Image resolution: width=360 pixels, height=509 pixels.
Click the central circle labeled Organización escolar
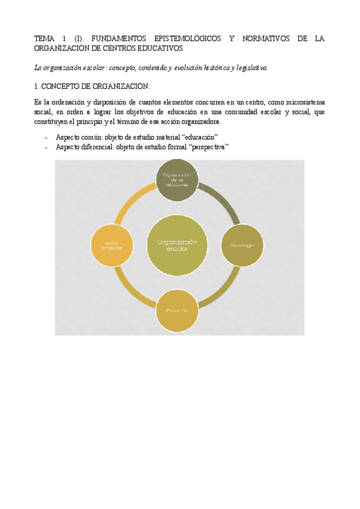pos(177,245)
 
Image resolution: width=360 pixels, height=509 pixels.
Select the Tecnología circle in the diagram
pos(242,245)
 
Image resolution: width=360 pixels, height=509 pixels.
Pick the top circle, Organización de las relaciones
pos(177,180)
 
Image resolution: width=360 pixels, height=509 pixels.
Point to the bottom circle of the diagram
pos(177,310)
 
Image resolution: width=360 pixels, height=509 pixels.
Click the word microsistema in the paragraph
pos(304,103)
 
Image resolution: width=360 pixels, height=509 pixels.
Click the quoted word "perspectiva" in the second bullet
pos(208,147)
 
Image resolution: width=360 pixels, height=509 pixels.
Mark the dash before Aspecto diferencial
pos(47,147)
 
